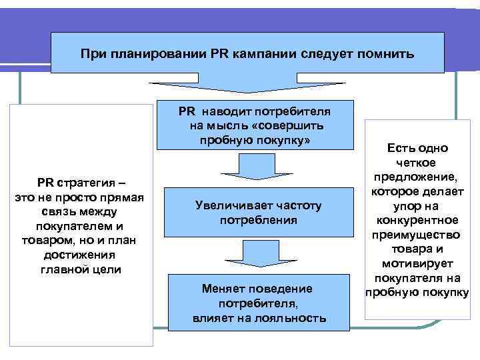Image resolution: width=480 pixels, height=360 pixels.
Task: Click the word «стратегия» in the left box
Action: click(x=94, y=183)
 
